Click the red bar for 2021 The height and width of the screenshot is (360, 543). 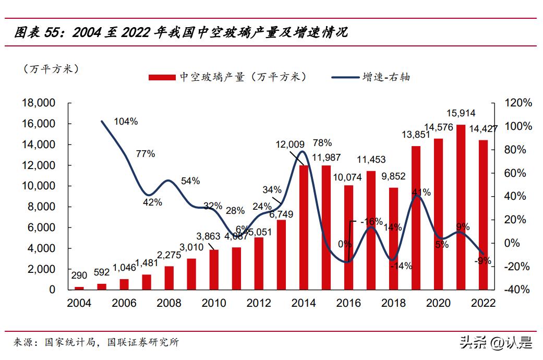(x=461, y=207)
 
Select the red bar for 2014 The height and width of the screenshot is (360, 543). (x=304, y=227)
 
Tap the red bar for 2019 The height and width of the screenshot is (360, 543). (x=416, y=218)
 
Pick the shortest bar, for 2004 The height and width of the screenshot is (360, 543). (x=79, y=287)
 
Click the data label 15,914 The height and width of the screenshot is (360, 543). (x=461, y=113)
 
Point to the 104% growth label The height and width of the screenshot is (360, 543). (x=126, y=122)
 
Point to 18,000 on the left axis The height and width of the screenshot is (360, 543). (x=39, y=103)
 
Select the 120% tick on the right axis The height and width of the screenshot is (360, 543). (x=518, y=103)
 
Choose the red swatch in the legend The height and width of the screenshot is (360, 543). (x=161, y=77)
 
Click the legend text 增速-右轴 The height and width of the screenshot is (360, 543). (x=387, y=77)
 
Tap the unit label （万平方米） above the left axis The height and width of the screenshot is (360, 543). (x=51, y=68)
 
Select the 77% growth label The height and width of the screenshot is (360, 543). (x=146, y=154)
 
